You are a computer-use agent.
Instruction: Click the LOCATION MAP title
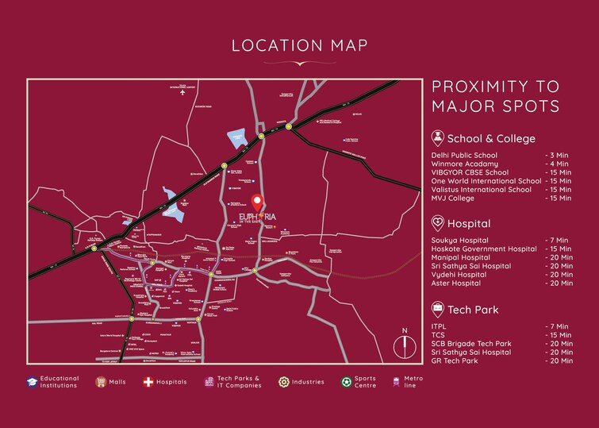point(299,44)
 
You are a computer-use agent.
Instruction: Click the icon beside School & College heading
point(437,137)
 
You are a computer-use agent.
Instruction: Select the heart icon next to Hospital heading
point(437,223)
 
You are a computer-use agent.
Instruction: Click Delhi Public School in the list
point(464,155)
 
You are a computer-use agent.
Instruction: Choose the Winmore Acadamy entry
point(463,164)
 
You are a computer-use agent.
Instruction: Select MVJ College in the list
point(451,198)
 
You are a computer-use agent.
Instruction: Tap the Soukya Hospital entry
point(459,240)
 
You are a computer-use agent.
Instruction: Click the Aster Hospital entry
point(455,283)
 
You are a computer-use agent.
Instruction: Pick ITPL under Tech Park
point(439,326)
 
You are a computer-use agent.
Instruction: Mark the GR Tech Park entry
point(455,361)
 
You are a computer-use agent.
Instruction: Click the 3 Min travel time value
point(557,155)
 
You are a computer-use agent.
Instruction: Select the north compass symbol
point(405,345)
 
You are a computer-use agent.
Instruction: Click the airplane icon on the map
point(183,93)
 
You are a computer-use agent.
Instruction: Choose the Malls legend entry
point(110,382)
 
